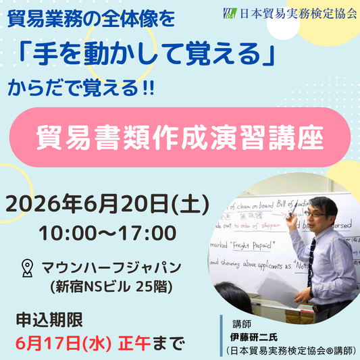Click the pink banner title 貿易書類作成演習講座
[x=179, y=136]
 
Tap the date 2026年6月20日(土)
[x=107, y=203]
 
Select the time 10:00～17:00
[x=107, y=233]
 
